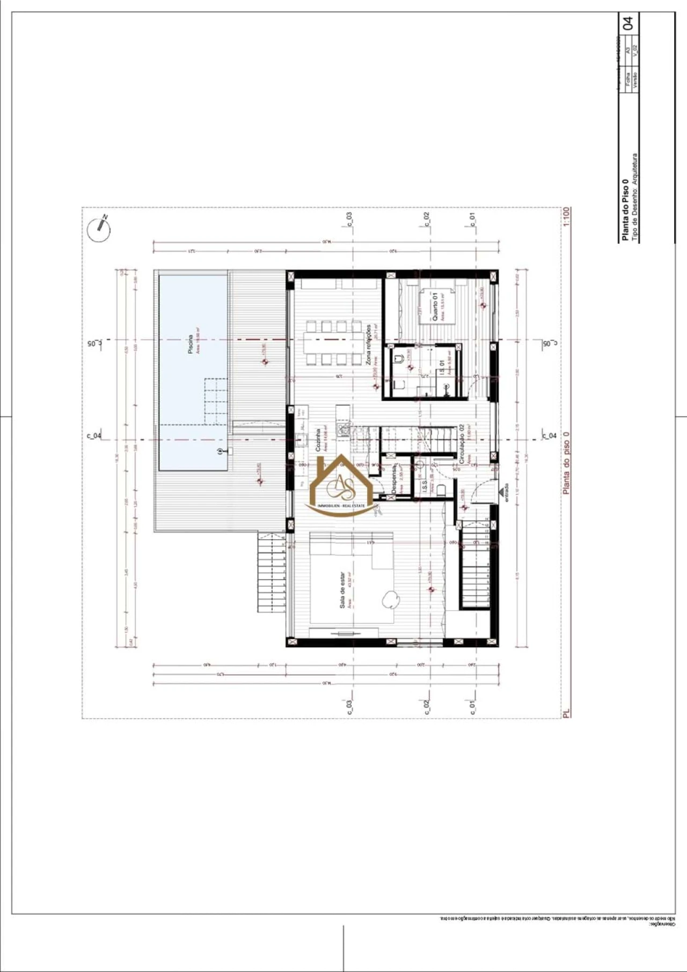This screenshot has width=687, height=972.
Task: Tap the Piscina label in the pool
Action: coord(191,344)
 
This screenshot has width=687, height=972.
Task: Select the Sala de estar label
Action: coord(342,590)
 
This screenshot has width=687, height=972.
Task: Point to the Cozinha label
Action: coord(318,440)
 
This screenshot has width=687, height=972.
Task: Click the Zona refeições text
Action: coord(369,344)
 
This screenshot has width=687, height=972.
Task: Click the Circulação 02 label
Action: coord(462,444)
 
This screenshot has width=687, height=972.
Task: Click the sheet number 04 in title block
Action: coord(627,23)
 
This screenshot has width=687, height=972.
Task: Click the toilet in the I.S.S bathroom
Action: coord(441,489)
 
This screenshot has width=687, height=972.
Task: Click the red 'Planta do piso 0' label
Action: coord(566,463)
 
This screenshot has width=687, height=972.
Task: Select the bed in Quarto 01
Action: coord(436,307)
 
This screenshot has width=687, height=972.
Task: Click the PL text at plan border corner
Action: coord(567,713)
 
